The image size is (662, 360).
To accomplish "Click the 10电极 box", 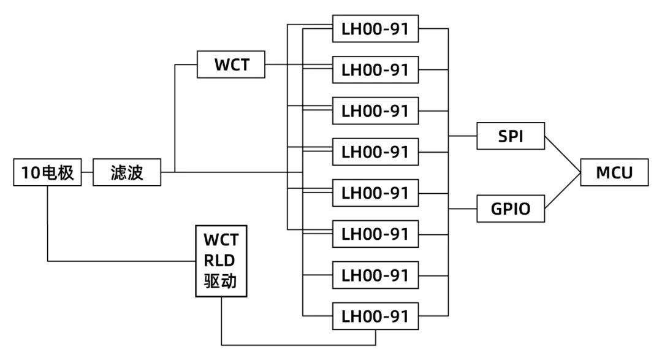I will [47, 173].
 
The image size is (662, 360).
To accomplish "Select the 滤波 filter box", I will [127, 173].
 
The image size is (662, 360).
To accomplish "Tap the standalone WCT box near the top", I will [231, 65].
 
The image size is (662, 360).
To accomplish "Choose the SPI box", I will [511, 136].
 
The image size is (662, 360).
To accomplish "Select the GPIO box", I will [511, 210].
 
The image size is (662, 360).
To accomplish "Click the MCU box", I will [614, 173].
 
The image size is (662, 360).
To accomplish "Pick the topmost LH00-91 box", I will [375, 29].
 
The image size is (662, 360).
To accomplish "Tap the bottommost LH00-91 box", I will [375, 317].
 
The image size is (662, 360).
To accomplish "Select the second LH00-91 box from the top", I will [375, 70].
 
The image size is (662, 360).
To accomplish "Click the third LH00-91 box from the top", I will [375, 111].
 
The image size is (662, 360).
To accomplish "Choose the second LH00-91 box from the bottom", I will [375, 276].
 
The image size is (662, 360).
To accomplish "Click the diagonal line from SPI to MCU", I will [563, 154].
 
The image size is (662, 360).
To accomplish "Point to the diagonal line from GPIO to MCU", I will [563, 191].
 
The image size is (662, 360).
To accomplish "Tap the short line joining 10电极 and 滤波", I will [86, 173].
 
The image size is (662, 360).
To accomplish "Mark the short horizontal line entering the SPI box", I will [463, 136].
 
